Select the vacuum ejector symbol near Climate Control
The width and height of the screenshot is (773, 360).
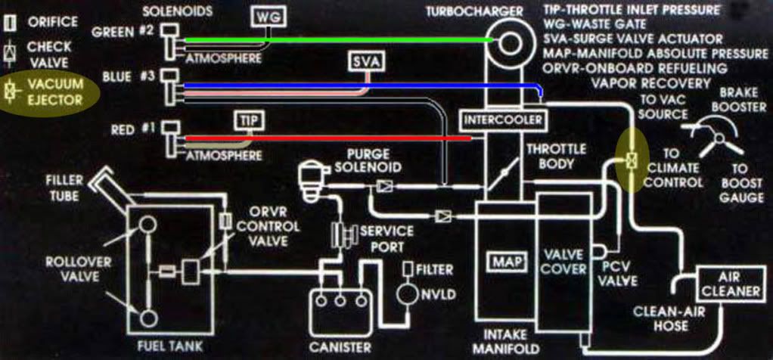629,160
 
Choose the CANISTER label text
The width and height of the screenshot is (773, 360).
340,347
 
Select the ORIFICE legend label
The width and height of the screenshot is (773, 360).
53,22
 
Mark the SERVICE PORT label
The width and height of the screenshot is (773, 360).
385,237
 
